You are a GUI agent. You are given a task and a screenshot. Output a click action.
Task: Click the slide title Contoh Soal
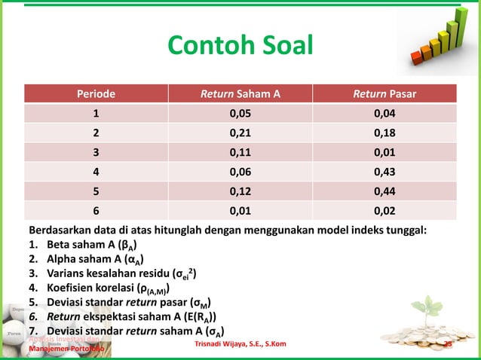point(239,46)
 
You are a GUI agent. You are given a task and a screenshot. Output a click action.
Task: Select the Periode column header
point(95,94)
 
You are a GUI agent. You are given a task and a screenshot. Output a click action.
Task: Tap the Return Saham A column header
point(240,94)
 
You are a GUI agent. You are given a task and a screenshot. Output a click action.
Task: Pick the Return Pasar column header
point(384,94)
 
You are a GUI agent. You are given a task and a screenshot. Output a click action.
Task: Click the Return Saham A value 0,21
point(240,134)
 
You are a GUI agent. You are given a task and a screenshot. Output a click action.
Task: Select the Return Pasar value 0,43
point(384,172)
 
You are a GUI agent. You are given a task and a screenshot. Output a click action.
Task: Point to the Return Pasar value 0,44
point(384,192)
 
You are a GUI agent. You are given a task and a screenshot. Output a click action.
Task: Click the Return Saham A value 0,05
point(240,114)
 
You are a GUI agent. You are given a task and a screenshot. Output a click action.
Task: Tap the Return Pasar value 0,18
point(384,134)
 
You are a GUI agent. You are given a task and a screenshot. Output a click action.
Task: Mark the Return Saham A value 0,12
point(240,192)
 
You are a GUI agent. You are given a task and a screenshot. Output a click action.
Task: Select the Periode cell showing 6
point(95,212)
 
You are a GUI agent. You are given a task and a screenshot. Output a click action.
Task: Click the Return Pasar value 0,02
point(384,212)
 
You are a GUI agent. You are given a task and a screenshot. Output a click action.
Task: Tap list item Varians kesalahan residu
point(113,274)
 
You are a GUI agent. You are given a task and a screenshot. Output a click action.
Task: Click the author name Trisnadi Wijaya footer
point(239,345)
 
